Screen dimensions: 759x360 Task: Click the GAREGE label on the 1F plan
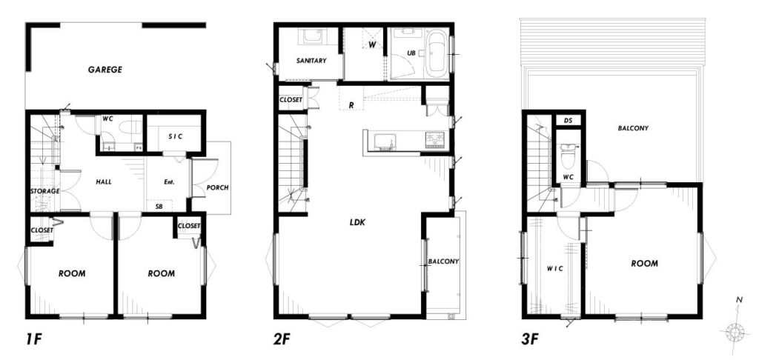(105, 70)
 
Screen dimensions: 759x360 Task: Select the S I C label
(175, 136)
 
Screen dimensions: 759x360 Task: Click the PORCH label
(217, 187)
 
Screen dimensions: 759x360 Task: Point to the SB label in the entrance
(159, 206)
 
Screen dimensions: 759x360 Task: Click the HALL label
(104, 182)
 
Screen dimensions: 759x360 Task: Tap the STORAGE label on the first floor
(44, 191)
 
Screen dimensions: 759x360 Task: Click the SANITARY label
(311, 61)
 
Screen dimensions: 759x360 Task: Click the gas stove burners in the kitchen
(434, 140)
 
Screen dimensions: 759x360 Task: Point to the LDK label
(357, 222)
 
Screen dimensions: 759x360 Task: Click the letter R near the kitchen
(352, 104)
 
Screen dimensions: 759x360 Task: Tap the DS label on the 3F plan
(569, 121)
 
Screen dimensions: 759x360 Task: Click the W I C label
(554, 269)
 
